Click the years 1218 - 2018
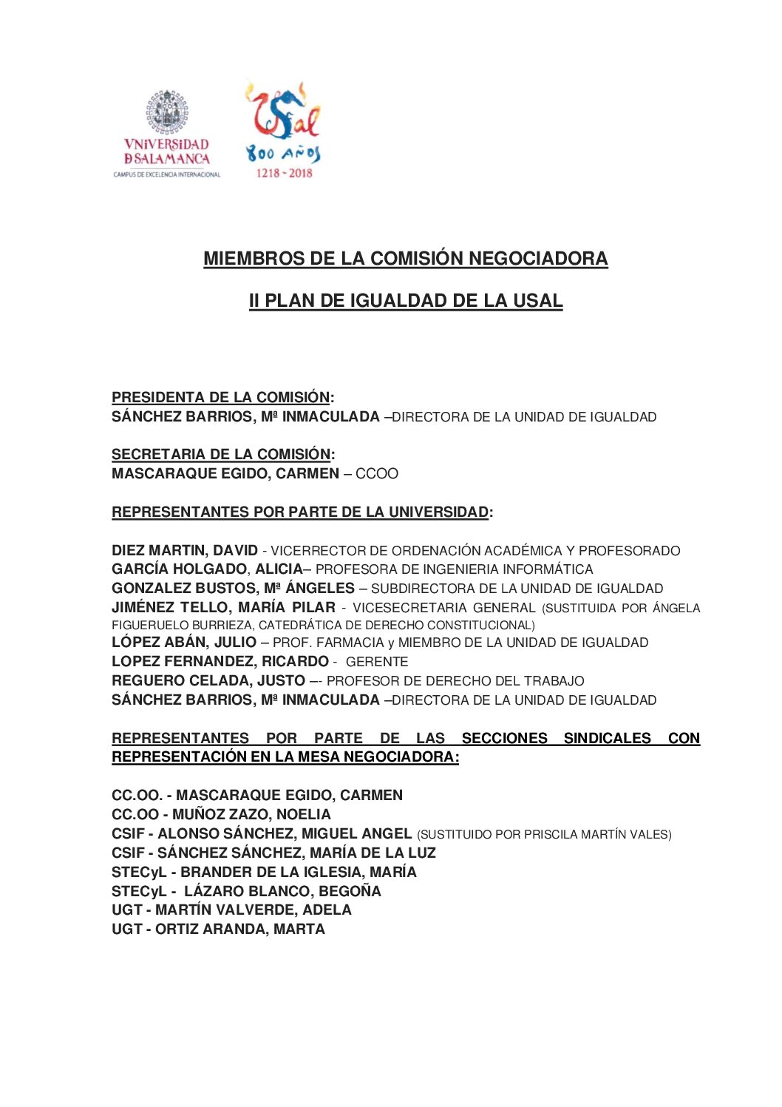pos(284,173)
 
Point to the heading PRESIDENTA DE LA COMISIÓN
pos(220,397)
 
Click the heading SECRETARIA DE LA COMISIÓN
pos(220,454)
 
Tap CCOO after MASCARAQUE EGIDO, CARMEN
pos(376,474)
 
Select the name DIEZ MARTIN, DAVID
pos(184,550)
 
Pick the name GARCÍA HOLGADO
pos(179,569)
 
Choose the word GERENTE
pos(376,662)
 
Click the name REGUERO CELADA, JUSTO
pos(208,680)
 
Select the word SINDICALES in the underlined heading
pos(607,738)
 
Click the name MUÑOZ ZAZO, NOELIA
pos(251,814)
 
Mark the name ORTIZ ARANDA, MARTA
pos(239,929)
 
